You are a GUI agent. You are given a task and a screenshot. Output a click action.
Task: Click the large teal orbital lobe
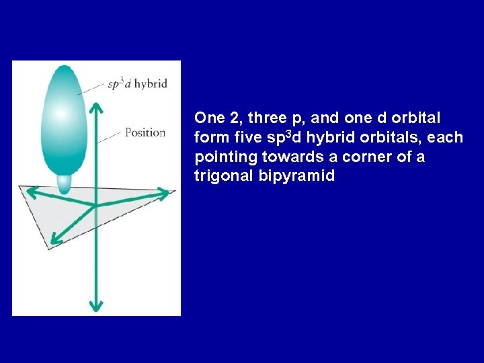[x=65, y=121]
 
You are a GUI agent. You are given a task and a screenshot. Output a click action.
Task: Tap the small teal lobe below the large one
[x=65, y=183]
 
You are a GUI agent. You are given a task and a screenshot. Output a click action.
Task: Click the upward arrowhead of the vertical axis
[x=95, y=108]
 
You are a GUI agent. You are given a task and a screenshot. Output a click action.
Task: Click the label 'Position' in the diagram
[x=145, y=132]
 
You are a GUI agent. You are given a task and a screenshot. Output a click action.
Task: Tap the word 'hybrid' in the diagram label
[x=151, y=84]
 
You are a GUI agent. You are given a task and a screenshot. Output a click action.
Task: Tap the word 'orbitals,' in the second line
[x=402, y=138]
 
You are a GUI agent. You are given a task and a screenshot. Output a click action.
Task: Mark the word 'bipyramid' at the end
[x=283, y=176]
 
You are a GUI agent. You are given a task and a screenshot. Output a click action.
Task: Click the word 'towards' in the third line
[x=281, y=157]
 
